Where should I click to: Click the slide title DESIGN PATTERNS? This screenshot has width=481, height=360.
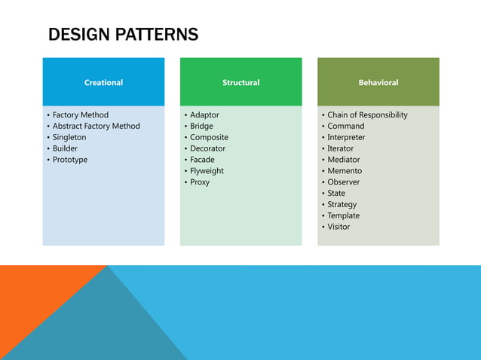pos(123,34)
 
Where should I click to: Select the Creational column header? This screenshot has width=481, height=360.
pos(103,82)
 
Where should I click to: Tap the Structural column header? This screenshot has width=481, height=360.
pos(240,82)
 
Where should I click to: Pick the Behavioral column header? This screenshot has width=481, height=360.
pos(378,82)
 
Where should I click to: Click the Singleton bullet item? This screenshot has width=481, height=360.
pos(69,137)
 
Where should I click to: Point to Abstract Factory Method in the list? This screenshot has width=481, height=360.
pos(96,126)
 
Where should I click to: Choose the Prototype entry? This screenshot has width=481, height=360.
pos(70,160)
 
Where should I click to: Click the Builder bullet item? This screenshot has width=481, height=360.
pos(65,148)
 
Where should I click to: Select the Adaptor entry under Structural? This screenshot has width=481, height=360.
pos(204,115)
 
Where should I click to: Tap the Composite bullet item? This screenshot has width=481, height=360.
pos(209,137)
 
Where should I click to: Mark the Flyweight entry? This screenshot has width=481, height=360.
pos(207,171)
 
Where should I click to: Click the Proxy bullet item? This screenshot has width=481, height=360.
pos(200,182)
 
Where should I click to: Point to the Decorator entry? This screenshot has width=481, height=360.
pos(207,148)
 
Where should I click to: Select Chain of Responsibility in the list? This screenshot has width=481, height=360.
pos(367,115)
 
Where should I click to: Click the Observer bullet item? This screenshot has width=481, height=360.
pos(344,182)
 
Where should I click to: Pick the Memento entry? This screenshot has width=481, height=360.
pos(345,171)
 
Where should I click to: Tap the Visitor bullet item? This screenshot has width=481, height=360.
pos(339,227)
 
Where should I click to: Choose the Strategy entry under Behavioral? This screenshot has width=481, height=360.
pos(342,204)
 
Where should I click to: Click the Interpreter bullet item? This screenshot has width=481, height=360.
pos(346,137)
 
